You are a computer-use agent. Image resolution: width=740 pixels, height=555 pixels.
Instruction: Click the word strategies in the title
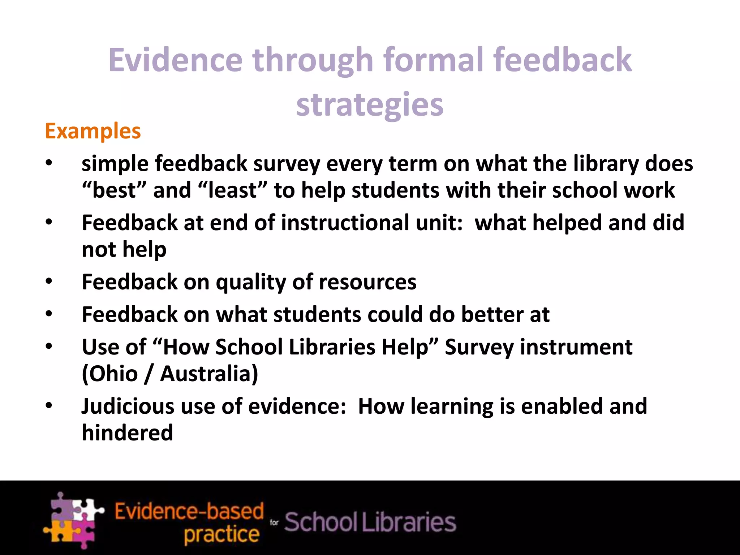[370, 105]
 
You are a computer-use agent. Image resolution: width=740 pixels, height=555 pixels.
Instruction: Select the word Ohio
[110, 374]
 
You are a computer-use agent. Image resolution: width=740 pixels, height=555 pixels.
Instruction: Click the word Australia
[209, 374]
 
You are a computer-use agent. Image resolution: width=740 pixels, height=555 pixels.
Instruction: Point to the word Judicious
[128, 406]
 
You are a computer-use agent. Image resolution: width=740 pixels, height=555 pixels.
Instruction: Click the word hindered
[128, 433]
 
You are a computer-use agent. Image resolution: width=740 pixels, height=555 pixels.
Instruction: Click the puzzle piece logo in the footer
[73, 520]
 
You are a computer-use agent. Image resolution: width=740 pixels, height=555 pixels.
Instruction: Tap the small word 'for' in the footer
[274, 522]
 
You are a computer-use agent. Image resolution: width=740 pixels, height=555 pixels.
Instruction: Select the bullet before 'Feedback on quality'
[49, 281]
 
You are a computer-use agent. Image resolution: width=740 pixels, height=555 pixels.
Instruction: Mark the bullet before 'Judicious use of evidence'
[49, 405]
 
